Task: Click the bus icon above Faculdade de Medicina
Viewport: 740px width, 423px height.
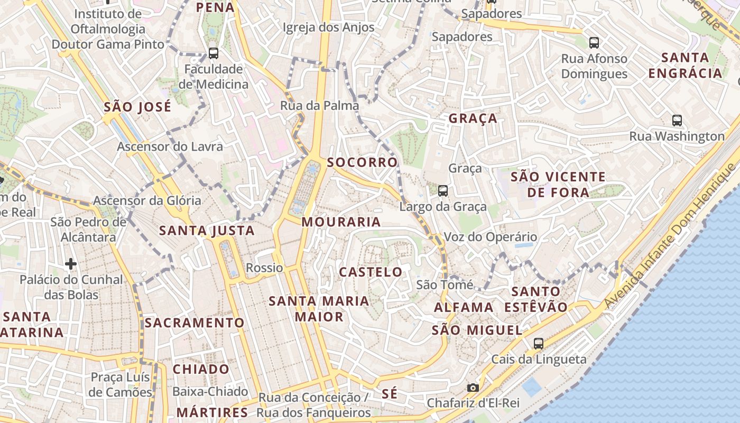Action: tap(214, 53)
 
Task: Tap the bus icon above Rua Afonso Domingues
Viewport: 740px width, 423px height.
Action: tap(594, 42)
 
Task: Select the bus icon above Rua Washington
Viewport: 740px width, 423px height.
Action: tap(677, 120)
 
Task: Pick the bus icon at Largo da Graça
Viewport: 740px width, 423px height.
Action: tap(443, 190)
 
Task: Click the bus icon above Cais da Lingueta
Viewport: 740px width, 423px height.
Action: tap(539, 343)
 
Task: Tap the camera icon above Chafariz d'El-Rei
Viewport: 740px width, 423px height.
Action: tap(473, 388)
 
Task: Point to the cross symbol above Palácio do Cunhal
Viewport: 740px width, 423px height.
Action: tap(71, 263)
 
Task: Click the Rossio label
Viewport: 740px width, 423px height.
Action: tap(264, 268)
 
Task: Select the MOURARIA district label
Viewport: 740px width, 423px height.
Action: tap(341, 222)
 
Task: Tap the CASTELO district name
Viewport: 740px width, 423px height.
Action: tap(371, 272)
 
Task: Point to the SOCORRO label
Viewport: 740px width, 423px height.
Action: tap(362, 162)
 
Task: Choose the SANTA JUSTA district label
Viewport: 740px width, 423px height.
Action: tap(207, 231)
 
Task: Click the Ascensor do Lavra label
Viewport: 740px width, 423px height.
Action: tap(170, 146)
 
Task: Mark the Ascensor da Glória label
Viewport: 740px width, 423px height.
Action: tap(147, 200)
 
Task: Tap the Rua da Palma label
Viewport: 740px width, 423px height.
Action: tap(319, 106)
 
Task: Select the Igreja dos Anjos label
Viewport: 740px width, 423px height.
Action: tap(328, 27)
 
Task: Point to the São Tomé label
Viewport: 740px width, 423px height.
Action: tap(445, 285)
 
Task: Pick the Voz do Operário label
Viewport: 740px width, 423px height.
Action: tap(490, 237)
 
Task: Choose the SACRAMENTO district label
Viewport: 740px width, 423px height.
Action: tap(195, 323)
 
